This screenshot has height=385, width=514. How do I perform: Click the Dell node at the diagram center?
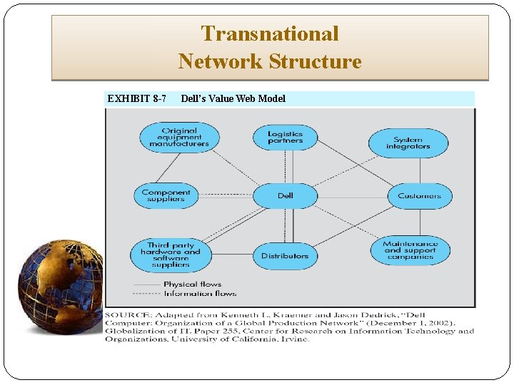pyautogui.click(x=285, y=195)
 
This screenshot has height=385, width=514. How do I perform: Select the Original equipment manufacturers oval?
pyautogui.click(x=178, y=137)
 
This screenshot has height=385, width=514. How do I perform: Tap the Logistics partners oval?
pyautogui.click(x=285, y=137)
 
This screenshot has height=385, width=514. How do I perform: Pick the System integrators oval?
pyautogui.click(x=408, y=143)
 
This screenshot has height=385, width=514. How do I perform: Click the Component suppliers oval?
pyautogui.click(x=166, y=195)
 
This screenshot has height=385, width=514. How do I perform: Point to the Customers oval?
pyautogui.click(x=419, y=195)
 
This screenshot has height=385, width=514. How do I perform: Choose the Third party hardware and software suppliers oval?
pyautogui.click(x=171, y=255)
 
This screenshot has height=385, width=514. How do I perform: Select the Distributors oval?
pyautogui.click(x=285, y=255)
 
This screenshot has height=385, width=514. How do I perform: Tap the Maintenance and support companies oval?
pyautogui.click(x=410, y=250)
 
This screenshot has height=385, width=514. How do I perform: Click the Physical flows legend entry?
pyautogui.click(x=192, y=284)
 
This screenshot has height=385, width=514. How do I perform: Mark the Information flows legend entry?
pyautogui.click(x=199, y=293)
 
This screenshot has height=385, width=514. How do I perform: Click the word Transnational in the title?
pyautogui.click(x=270, y=34)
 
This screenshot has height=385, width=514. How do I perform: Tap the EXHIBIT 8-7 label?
pyautogui.click(x=136, y=98)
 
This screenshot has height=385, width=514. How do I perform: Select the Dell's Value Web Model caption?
pyautogui.click(x=233, y=98)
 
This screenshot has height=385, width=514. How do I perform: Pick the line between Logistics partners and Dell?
pyautogui.click(x=286, y=166)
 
